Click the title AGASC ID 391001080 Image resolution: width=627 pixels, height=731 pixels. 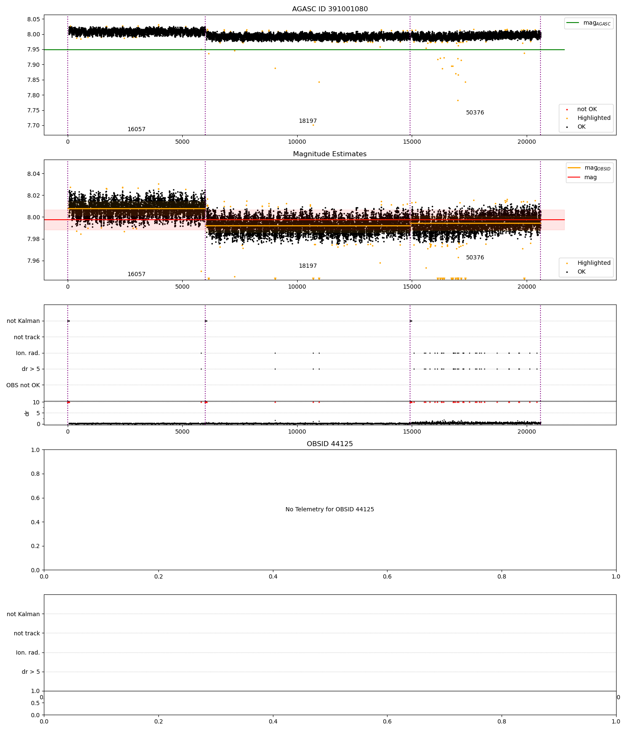(x=330, y=9)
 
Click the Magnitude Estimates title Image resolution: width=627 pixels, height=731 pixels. (x=330, y=154)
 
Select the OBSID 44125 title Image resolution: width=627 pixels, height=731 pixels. (x=330, y=444)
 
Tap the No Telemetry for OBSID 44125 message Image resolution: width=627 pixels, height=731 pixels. (x=330, y=510)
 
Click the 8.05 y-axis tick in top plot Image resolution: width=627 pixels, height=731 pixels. (x=33, y=19)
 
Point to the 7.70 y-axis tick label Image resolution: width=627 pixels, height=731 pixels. (x=33, y=126)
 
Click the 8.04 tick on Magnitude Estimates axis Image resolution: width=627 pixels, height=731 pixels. (x=33, y=174)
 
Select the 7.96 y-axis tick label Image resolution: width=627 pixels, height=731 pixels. (x=33, y=261)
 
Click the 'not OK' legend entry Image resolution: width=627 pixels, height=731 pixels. (x=587, y=109)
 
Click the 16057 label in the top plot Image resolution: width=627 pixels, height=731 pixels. (x=136, y=129)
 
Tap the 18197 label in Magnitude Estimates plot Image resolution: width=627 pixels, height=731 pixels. (x=308, y=266)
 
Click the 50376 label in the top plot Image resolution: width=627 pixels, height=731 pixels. (x=475, y=113)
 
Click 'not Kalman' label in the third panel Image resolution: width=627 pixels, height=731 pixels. (x=23, y=321)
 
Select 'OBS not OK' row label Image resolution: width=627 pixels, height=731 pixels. (x=23, y=385)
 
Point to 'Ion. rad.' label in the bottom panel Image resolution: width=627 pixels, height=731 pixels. (x=28, y=653)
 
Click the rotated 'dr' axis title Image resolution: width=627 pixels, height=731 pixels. (x=27, y=413)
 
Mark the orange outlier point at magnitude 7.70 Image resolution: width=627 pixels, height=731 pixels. (x=313, y=125)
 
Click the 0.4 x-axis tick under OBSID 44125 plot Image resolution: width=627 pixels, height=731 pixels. (x=273, y=576)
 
